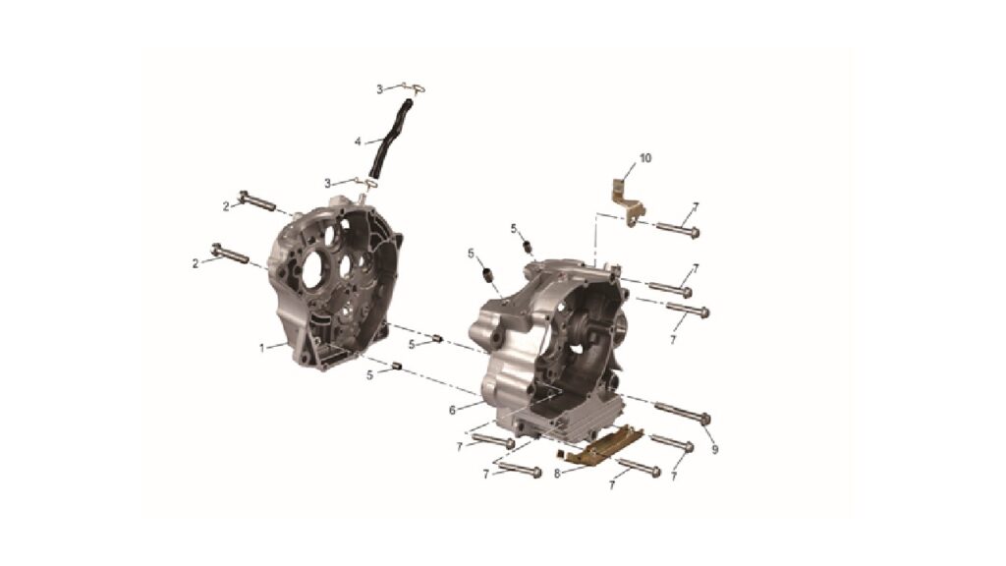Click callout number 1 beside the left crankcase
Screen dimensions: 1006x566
261,349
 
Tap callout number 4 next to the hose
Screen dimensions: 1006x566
358,141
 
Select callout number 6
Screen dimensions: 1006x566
452,410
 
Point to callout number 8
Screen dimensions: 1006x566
558,474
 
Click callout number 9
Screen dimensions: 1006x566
715,450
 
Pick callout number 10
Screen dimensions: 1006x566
645,158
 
